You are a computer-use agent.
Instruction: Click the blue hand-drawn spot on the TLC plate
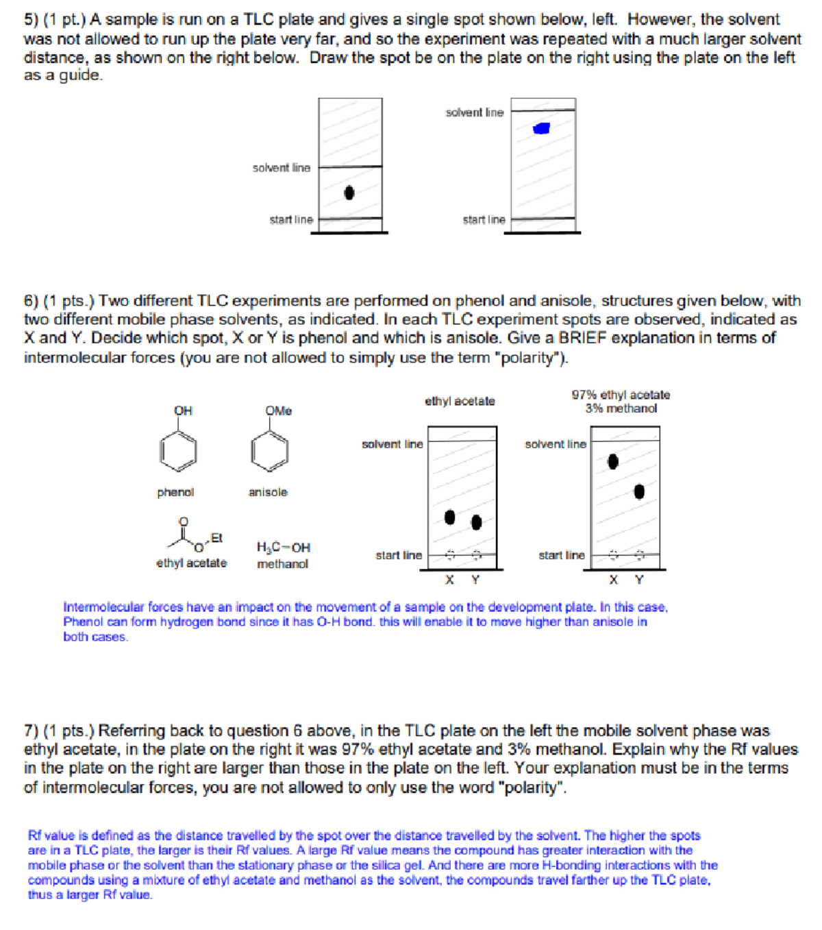click(542, 128)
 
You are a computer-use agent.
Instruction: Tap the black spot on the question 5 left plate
click(349, 193)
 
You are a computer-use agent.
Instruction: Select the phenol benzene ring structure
click(179, 451)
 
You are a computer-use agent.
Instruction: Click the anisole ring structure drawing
click(269, 452)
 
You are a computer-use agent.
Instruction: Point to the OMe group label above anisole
click(278, 411)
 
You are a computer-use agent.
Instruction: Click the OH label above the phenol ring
click(183, 411)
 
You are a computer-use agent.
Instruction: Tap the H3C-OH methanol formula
click(283, 548)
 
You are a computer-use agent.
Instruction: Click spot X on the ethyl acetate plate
click(449, 517)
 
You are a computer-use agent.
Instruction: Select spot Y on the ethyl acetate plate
click(477, 522)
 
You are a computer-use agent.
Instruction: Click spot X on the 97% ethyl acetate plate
click(613, 462)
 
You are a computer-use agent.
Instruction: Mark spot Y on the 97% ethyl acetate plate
click(639, 491)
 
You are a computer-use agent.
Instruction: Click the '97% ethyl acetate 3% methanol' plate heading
click(621, 402)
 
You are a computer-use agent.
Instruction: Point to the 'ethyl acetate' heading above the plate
click(460, 401)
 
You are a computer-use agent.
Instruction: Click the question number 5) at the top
click(32, 20)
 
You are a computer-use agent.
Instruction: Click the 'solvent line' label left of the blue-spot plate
click(474, 112)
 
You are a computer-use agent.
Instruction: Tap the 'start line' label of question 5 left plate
click(291, 219)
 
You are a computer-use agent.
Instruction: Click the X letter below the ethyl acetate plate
click(449, 580)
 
